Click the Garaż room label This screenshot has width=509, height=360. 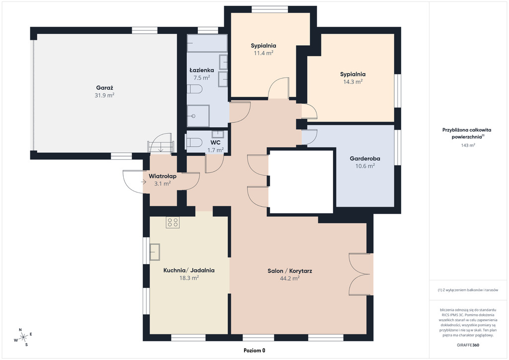[104, 88]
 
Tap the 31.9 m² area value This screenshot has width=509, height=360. [104, 95]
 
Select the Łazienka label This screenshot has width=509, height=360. [202, 70]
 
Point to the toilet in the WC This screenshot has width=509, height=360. [193, 142]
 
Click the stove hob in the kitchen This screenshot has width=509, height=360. [172, 222]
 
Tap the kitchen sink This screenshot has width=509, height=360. [155, 252]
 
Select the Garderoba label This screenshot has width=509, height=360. [365, 159]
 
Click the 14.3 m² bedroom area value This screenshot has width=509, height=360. [353, 82]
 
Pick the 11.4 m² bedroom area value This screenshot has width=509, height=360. [263, 53]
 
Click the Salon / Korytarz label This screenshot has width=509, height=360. [290, 270]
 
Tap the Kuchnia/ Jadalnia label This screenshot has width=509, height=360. [189, 270]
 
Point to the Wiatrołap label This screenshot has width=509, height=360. [163, 176]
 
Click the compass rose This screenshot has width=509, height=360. [23, 338]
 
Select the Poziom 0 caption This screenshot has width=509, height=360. [254, 350]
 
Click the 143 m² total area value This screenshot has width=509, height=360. [468, 145]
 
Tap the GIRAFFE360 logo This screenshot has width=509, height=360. [468, 345]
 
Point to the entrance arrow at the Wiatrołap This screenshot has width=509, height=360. [144, 182]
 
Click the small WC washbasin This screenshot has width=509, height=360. [218, 134]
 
